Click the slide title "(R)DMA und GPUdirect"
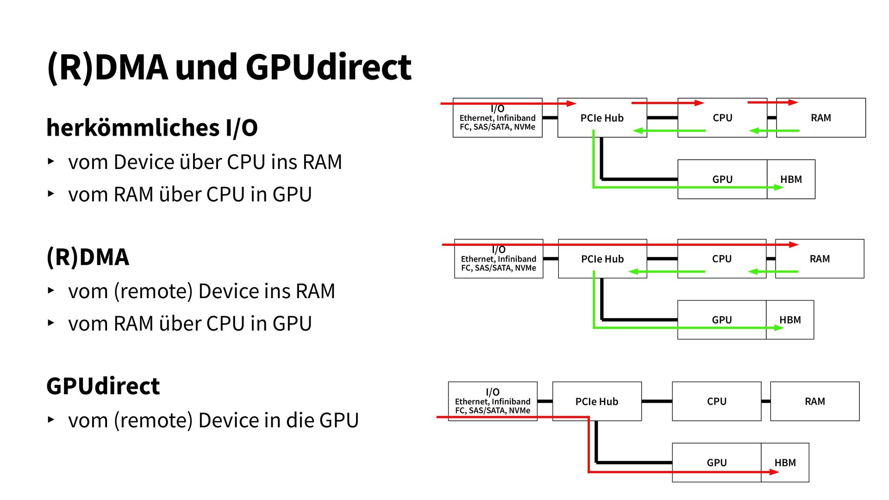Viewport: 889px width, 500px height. [x=229, y=68]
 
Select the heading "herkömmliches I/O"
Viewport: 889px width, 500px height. [x=152, y=128]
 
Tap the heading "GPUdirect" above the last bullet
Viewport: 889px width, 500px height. [x=103, y=386]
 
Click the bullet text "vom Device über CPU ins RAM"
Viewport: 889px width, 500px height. [x=205, y=162]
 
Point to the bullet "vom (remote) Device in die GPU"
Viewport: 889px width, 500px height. [x=213, y=420]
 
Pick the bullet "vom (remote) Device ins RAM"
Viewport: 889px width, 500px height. [x=201, y=291]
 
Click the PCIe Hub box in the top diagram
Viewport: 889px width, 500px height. [x=602, y=118]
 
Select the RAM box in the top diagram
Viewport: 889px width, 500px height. [x=820, y=118]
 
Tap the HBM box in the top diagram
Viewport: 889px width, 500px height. [x=791, y=180]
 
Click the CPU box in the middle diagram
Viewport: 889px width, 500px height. [x=721, y=259]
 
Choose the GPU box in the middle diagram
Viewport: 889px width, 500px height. [x=721, y=320]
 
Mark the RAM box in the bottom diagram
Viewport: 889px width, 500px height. [x=814, y=401]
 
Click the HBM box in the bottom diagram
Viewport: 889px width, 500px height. [x=785, y=462]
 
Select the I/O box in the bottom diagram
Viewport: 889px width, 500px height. [x=493, y=401]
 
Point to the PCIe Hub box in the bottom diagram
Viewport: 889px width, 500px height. [x=597, y=401]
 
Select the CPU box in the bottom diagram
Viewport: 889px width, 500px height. [x=716, y=401]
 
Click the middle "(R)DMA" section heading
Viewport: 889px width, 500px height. [x=88, y=257]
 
